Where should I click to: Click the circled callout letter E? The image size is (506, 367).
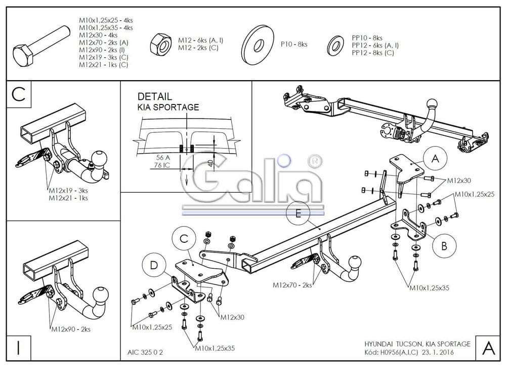298,214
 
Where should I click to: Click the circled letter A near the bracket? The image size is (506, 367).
435,159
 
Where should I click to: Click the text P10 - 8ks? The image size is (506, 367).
294,45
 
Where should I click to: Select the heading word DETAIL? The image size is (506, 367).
155,96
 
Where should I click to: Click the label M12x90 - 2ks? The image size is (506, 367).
71,329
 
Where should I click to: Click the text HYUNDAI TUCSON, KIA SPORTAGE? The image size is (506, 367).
417,344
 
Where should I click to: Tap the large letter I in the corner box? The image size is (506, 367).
18,348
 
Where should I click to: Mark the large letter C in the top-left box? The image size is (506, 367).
18,94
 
